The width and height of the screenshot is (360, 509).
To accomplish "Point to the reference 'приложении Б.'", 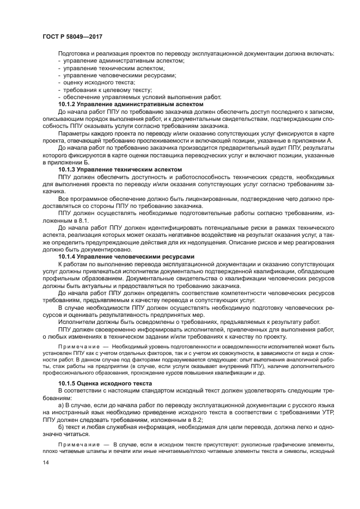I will pos(78,162).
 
